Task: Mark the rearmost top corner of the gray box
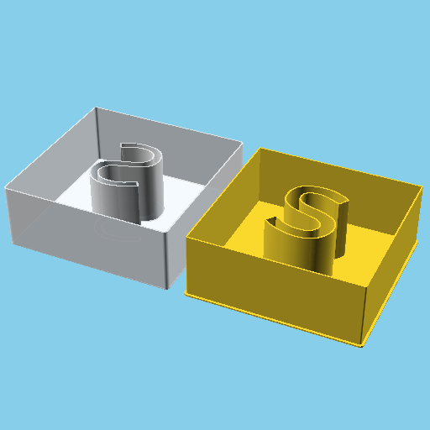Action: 97,107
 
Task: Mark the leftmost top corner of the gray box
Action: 6,186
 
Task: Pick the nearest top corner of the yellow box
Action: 367,290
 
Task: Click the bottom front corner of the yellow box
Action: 362,346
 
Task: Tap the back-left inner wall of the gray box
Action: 59,151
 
